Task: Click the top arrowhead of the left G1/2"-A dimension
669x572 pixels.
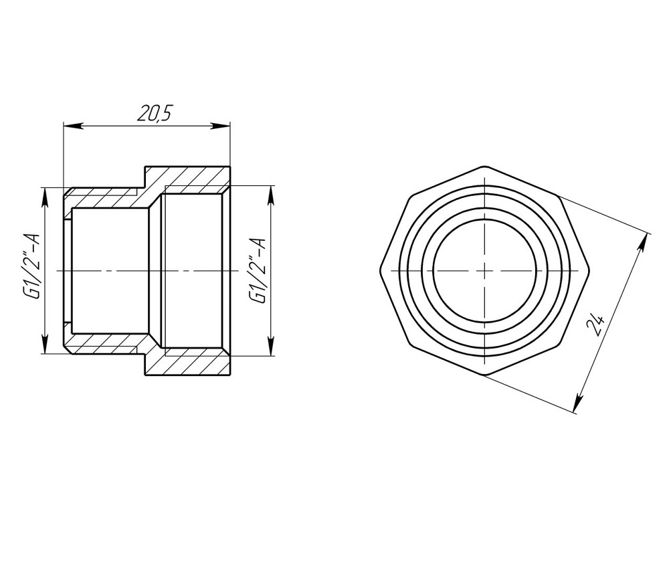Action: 45,194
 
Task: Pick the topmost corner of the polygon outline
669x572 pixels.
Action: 484,165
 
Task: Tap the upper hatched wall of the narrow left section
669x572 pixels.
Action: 107,198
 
